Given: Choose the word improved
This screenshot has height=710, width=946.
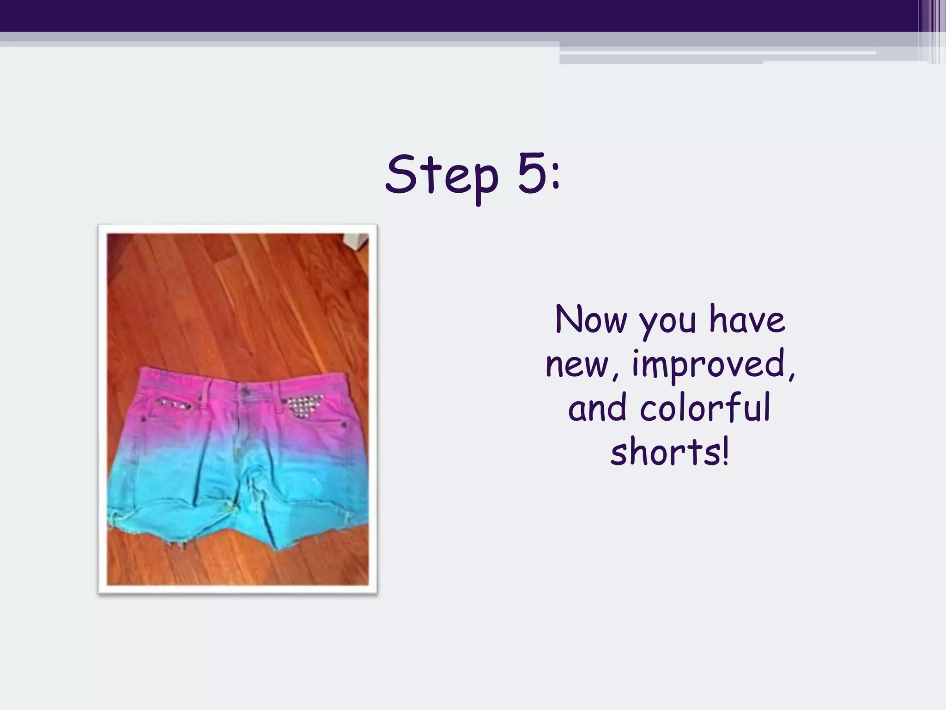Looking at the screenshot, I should point(709,367).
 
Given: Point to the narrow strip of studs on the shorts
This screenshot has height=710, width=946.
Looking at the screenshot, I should point(173,404).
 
